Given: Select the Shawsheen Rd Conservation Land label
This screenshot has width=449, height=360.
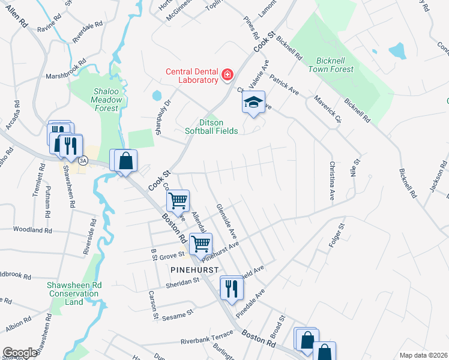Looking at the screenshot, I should [74, 293].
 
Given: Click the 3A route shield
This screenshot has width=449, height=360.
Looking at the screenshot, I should [83, 160].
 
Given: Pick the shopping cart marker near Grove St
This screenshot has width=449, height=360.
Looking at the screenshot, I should [200, 244].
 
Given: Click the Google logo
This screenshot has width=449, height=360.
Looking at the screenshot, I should [20, 353].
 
